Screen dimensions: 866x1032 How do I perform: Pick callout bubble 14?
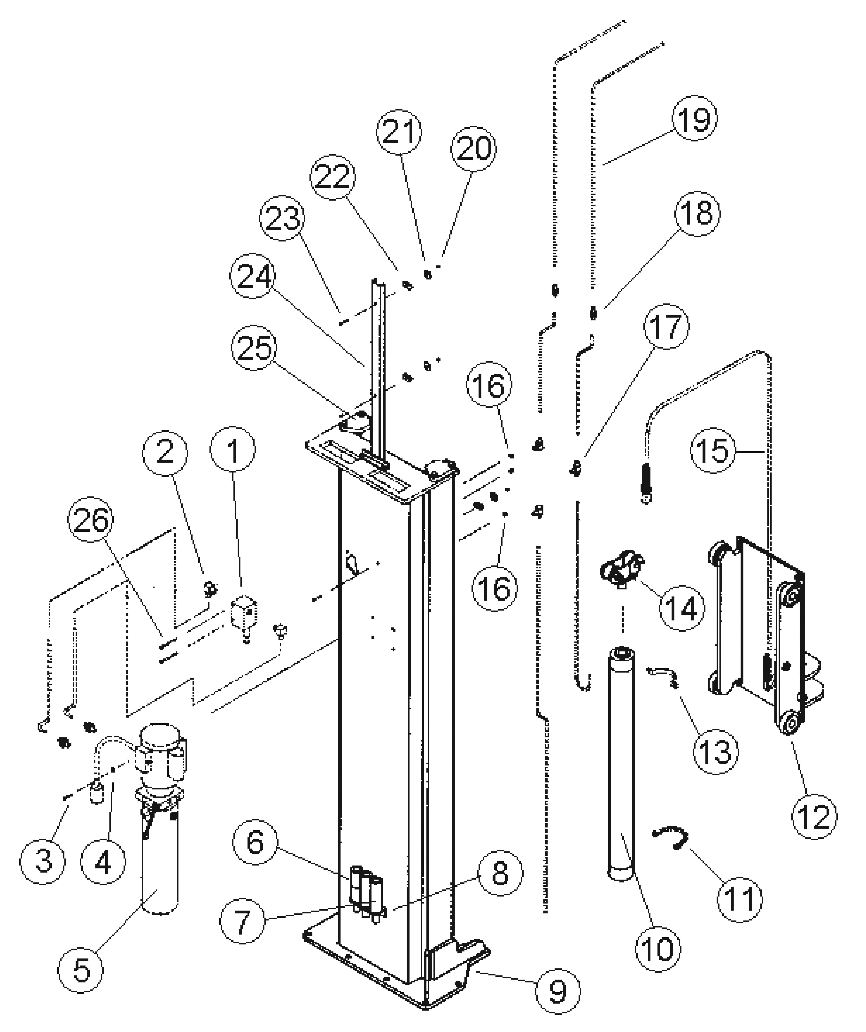(681, 608)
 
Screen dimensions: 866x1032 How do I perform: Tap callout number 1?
(233, 450)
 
